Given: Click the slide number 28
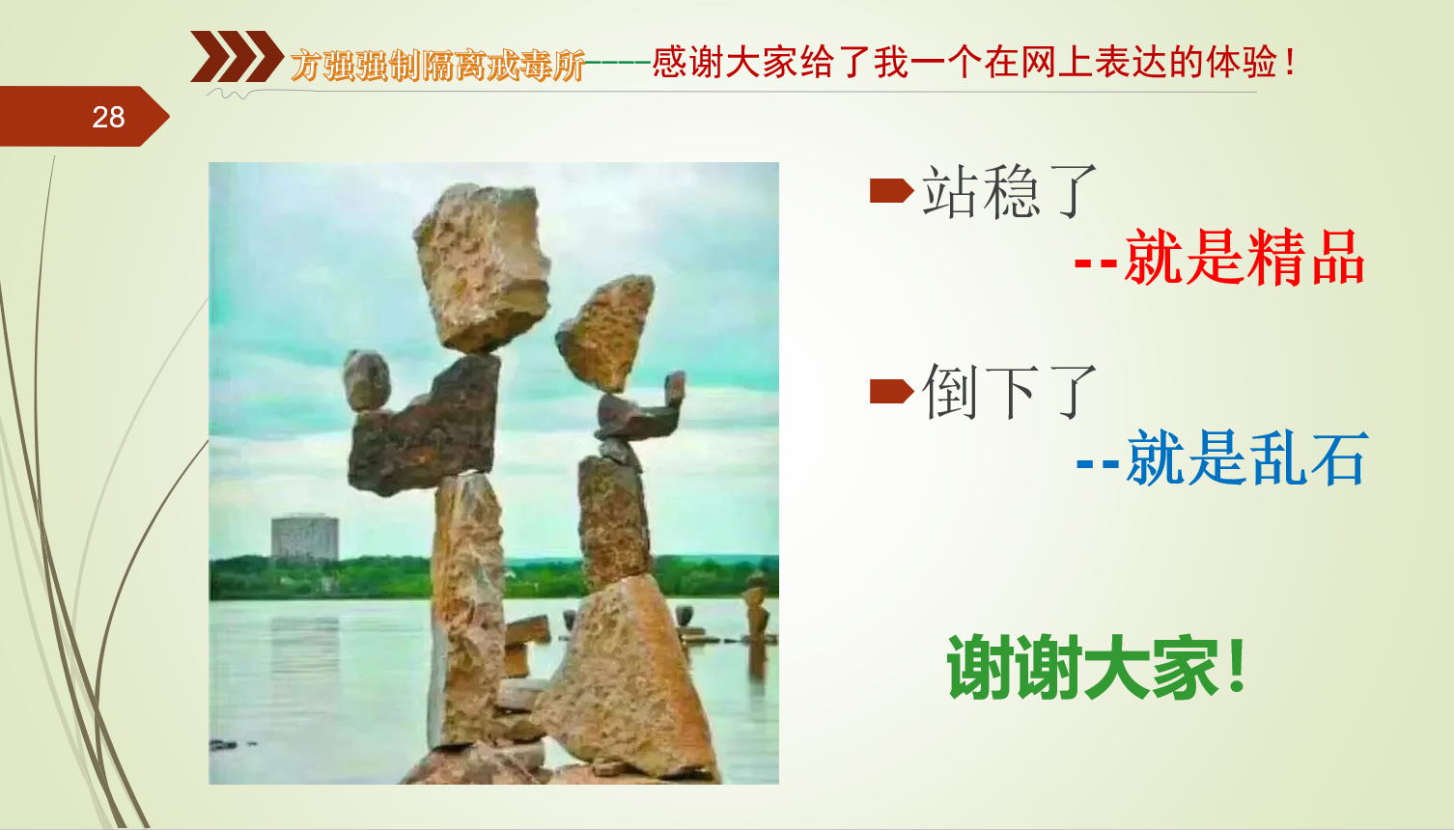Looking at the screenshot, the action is pos(108,118).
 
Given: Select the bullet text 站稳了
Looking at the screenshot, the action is pos(1009,192).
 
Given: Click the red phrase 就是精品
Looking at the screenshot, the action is pos(1244,258).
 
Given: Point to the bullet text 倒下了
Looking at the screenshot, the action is pos(1009,392).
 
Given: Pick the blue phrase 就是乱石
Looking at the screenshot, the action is pos(1246,458).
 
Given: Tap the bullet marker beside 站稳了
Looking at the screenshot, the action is pos(891,191).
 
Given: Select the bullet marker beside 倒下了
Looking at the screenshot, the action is pos(891,391).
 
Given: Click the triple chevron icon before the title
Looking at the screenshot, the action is pos(237,56).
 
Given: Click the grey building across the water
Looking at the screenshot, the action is pos(304,538).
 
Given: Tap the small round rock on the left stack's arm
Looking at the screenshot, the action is pos(367,381).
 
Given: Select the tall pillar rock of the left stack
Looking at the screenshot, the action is pos(466,611).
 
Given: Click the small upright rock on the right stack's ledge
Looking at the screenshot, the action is pos(675,389).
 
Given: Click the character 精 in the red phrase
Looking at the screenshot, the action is pos(1274,258).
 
